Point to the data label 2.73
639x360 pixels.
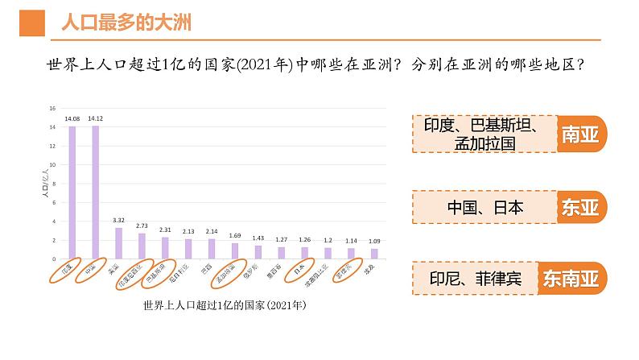click(142, 226)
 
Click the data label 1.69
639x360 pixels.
click(235, 235)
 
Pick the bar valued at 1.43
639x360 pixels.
click(258, 252)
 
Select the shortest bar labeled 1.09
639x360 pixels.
click(374, 254)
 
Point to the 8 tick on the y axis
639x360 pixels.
click(53, 184)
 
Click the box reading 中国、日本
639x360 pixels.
click(484, 208)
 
